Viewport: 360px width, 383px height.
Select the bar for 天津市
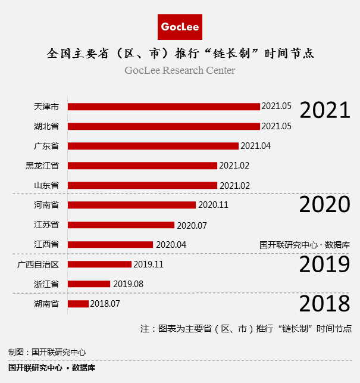[164, 107]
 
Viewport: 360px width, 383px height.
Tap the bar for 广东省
[153, 146]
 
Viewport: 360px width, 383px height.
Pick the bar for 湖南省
[78, 304]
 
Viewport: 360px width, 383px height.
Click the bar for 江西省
[110, 244]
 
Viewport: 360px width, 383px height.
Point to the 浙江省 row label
[46, 284]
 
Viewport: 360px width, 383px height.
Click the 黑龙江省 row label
[42, 166]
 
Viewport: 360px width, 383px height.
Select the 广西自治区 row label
[38, 264]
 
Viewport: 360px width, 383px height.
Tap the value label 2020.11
[213, 205]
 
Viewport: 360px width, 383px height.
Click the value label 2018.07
[105, 304]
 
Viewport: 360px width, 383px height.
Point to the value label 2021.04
[255, 146]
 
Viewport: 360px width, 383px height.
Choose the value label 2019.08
[128, 284]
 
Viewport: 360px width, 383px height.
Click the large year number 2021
[324, 110]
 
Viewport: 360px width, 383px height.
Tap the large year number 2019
[324, 264]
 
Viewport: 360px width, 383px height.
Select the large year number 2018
[324, 304]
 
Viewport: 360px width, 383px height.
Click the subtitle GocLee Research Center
[180, 70]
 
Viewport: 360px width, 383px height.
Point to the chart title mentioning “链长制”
[180, 54]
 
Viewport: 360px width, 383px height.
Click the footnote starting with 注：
[246, 328]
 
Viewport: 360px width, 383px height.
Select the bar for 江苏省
[121, 225]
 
